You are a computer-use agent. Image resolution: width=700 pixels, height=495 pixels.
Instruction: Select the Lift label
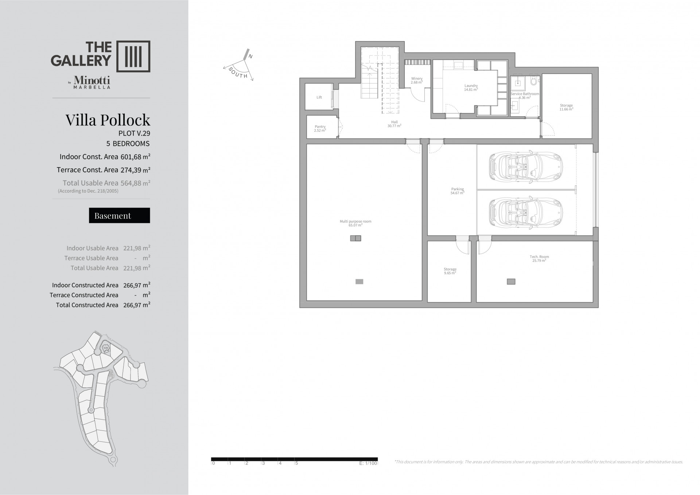pyautogui.click(x=319, y=97)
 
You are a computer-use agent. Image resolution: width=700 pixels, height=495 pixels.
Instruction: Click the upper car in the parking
pyautogui.click(x=526, y=167)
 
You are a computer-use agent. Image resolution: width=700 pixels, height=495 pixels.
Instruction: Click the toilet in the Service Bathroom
pyautogui.click(x=534, y=81)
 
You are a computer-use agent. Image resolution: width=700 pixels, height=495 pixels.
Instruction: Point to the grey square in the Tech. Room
pyautogui.click(x=511, y=281)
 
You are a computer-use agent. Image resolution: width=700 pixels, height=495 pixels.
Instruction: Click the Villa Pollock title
pyautogui.click(x=108, y=120)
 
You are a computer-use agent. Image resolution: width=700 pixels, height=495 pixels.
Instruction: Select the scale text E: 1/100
pyautogui.click(x=368, y=463)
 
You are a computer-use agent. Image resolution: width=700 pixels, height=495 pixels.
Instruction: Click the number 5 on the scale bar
pyautogui.click(x=297, y=463)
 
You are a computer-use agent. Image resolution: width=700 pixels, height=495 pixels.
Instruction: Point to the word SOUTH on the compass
pyautogui.click(x=238, y=73)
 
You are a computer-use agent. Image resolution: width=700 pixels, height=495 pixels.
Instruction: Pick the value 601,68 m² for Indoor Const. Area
pyautogui.click(x=135, y=157)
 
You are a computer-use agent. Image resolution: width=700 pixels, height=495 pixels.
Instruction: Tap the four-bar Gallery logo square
pyautogui.click(x=133, y=56)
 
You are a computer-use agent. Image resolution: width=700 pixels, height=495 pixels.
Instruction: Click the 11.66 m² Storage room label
pyautogui.click(x=566, y=107)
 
